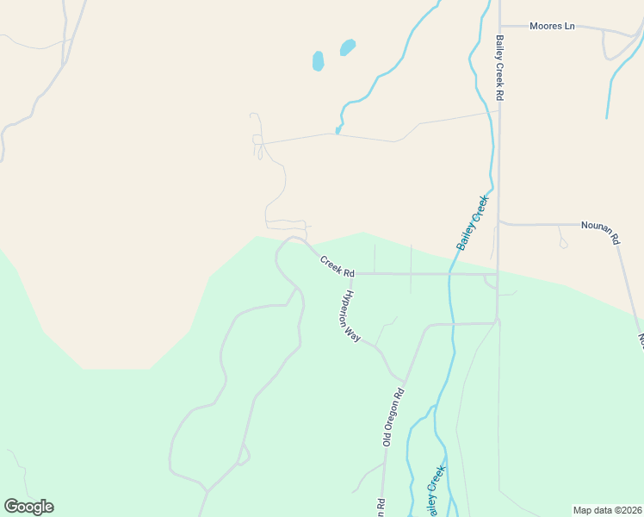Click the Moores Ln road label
coord(552,26)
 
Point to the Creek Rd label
coord(337,265)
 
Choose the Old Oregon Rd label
coord(393,416)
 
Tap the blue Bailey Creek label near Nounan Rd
coord(473,222)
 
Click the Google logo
coord(28,507)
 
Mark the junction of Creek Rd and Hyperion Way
coord(351,274)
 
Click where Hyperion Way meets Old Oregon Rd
coord(402,380)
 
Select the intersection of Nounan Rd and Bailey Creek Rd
coord(499,222)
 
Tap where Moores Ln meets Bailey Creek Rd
coord(499,26)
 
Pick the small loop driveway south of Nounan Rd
coord(563,244)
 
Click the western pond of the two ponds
coord(318,61)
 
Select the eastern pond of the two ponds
coord(348,47)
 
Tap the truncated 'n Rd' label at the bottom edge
coord(380,508)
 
